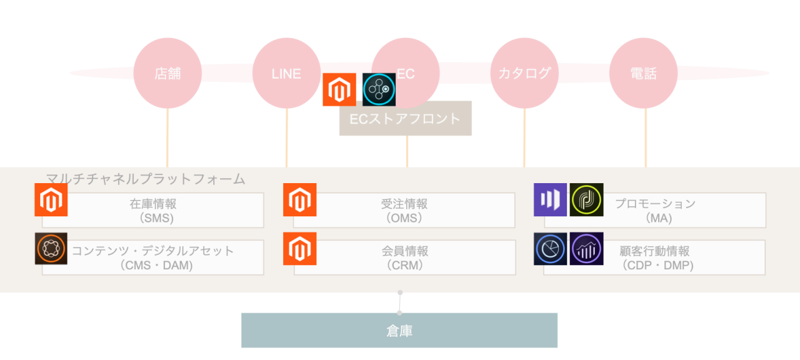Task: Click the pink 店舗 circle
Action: click(x=167, y=73)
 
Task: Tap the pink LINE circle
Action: click(x=286, y=73)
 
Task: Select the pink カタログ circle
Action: click(x=524, y=73)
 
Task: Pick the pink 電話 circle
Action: click(x=643, y=73)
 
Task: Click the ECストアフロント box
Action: click(x=405, y=119)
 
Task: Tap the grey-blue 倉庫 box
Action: click(x=399, y=330)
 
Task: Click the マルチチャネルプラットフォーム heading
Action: click(x=146, y=179)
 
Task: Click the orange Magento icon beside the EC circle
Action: click(x=339, y=89)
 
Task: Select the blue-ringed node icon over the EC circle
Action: click(x=379, y=89)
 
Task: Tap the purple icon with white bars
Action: click(x=550, y=199)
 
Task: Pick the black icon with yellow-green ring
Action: click(x=586, y=199)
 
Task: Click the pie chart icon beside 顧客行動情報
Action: click(x=550, y=248)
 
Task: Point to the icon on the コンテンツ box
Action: click(x=51, y=248)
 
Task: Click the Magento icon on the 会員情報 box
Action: click(x=299, y=248)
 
